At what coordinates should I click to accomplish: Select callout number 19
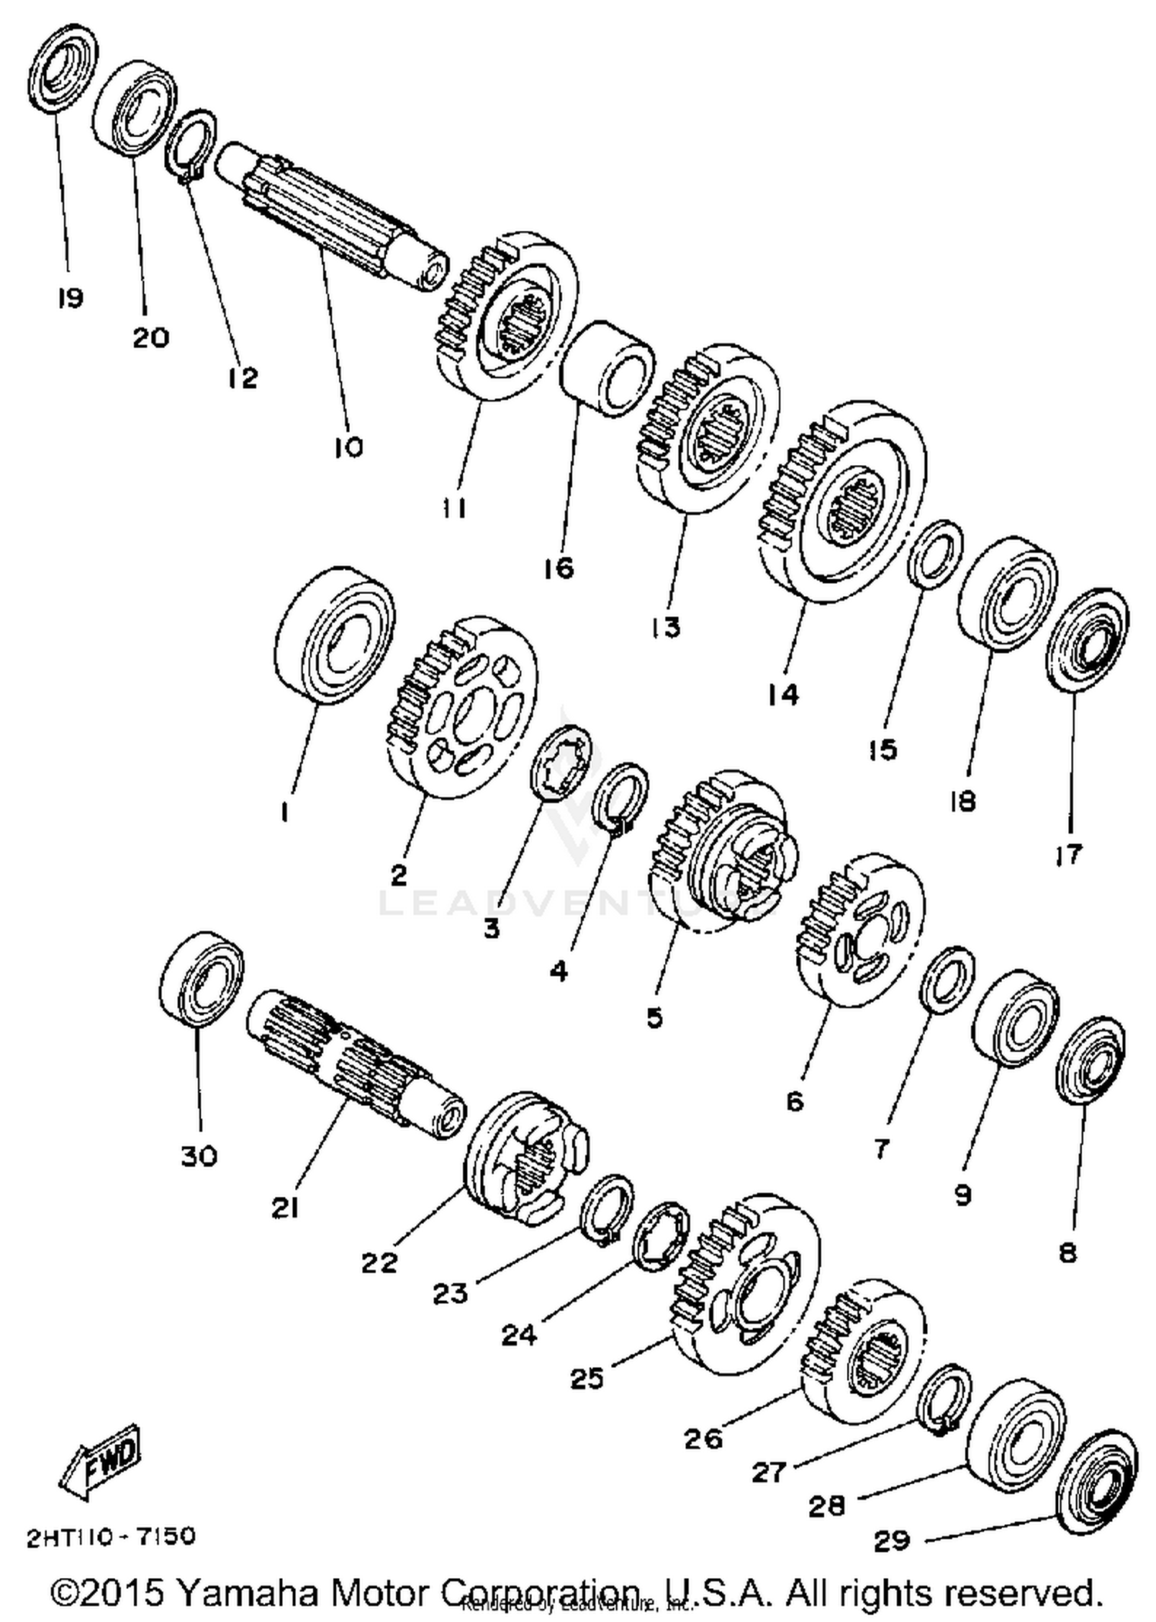70,298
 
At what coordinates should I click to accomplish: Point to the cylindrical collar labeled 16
608,370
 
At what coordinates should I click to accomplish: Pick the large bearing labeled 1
334,634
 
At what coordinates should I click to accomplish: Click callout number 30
200,1155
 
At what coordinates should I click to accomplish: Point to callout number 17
1069,854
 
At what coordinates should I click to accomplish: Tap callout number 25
586,1379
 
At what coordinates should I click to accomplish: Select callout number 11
454,508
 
